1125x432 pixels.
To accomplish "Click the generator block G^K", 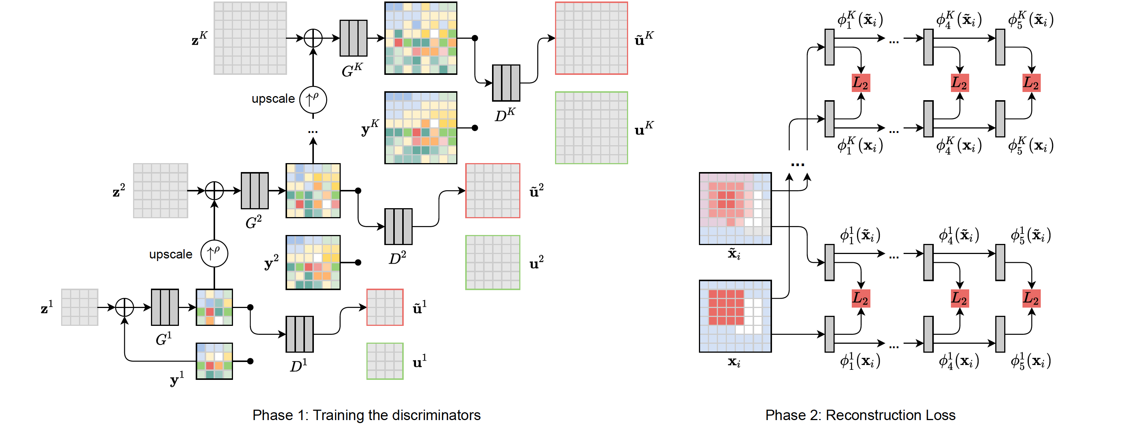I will [x=353, y=38].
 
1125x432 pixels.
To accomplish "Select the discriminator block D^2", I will [x=398, y=226].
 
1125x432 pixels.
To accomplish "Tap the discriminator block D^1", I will [x=300, y=334].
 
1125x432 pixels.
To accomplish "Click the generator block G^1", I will [x=165, y=307].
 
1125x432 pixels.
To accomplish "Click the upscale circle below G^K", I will [x=313, y=99].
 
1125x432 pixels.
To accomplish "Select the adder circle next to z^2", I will [x=214, y=191].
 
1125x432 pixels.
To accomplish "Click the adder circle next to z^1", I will [x=125, y=307].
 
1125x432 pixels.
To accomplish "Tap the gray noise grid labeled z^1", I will [x=79, y=307].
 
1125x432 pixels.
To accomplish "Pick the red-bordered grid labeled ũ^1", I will [x=385, y=307].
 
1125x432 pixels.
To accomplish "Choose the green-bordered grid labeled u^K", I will [x=591, y=128].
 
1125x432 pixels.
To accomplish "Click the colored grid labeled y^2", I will [x=313, y=262].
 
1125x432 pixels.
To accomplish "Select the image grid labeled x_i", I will [x=735, y=316].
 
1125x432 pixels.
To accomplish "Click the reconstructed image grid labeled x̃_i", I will [x=735, y=209].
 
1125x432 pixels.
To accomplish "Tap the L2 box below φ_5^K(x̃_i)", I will [x=1031, y=83].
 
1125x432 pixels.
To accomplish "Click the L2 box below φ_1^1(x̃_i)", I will [x=860, y=298].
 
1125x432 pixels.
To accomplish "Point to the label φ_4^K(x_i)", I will [x=959, y=145].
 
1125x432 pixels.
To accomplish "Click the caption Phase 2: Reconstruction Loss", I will [x=860, y=415].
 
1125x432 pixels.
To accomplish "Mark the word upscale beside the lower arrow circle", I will [x=171, y=254].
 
